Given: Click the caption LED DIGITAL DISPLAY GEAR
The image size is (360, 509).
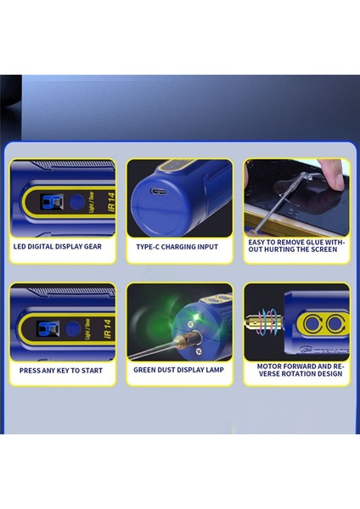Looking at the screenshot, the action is pos(58,246).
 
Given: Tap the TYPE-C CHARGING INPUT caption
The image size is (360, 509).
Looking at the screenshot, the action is pos(177,247).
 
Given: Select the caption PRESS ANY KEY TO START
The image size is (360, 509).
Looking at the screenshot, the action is pos(61,371).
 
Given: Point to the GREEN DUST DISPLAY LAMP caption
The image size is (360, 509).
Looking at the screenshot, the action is pos(178,370).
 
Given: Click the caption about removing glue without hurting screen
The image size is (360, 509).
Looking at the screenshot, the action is pos(296,246).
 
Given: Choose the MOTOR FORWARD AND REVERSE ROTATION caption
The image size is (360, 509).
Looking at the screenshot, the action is pos(301,370).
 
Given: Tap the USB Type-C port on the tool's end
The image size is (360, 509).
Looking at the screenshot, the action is pos(159,191).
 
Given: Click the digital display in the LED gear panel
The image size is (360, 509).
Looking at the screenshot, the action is pos(51,202).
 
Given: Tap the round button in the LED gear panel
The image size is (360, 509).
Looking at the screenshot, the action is pos(76,202).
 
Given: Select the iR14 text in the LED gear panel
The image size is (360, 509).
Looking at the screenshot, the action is pos(111,202).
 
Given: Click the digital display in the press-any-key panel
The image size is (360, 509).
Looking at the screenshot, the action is pos(48,328).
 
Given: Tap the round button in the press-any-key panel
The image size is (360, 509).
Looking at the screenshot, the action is pos(73,328).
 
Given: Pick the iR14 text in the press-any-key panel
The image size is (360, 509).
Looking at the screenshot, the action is pos(108,328).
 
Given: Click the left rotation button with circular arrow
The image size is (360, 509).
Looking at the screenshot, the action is pos(312,324).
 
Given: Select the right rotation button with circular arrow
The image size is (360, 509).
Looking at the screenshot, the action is pos(335,324).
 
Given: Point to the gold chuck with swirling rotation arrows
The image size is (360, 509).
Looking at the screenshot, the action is pos(264,322).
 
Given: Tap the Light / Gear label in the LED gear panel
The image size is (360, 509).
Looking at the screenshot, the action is pos(92,202).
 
